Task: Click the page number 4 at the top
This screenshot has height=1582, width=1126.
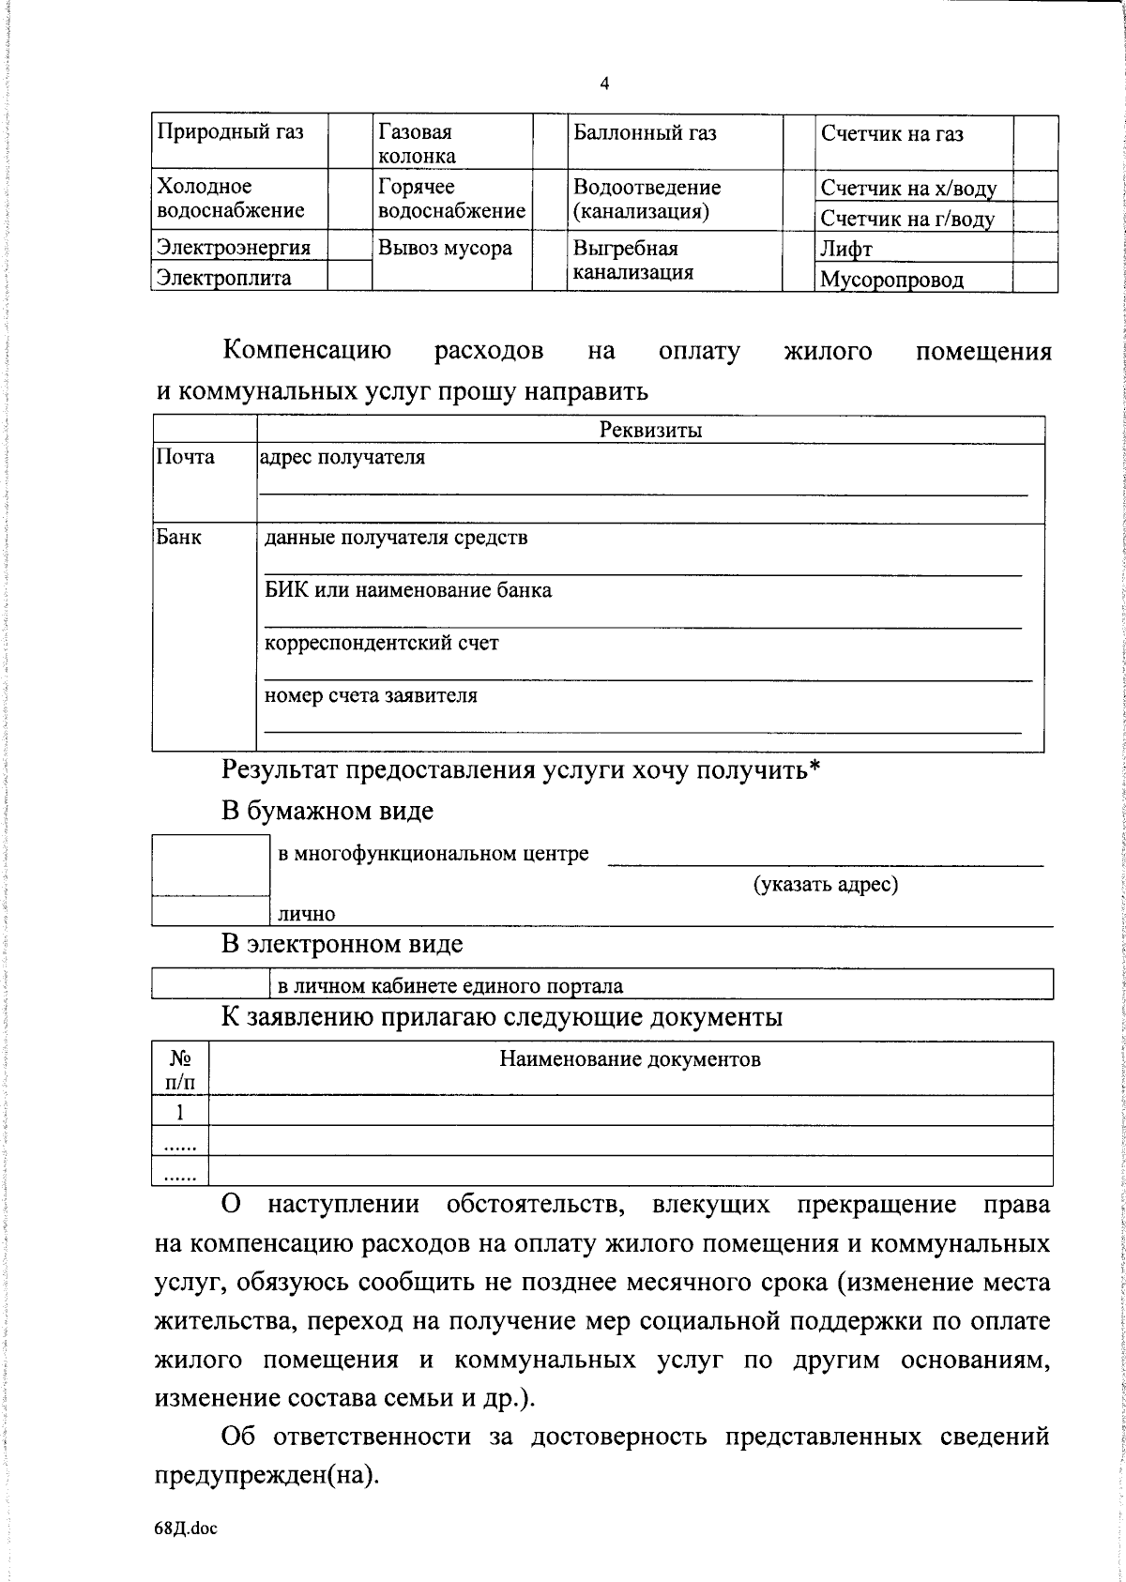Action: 604,84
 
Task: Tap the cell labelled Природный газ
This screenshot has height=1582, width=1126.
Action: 230,132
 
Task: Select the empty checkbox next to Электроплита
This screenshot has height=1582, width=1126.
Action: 349,277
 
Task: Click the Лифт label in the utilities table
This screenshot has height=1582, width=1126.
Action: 846,250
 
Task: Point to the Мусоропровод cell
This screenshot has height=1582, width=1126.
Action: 891,280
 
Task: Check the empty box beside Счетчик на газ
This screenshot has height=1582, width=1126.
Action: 1036,143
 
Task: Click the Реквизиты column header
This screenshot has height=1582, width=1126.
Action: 650,431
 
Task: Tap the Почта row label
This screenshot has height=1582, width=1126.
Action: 186,458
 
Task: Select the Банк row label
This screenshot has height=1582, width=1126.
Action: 178,539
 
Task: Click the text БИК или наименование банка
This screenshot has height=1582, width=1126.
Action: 408,591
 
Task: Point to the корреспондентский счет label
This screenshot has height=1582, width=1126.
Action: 382,644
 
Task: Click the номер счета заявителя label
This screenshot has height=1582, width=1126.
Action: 371,696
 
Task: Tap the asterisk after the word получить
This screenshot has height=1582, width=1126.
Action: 814,768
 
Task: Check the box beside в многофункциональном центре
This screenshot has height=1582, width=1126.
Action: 211,864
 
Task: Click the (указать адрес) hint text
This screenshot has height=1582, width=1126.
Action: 826,885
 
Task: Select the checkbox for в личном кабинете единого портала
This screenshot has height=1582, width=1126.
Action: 211,984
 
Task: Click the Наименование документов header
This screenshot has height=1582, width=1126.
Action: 630,1060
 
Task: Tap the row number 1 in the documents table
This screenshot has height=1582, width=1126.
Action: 180,1112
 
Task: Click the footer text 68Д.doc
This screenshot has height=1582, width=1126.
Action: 186,1529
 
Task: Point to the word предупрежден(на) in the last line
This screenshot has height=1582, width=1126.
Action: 266,1476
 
